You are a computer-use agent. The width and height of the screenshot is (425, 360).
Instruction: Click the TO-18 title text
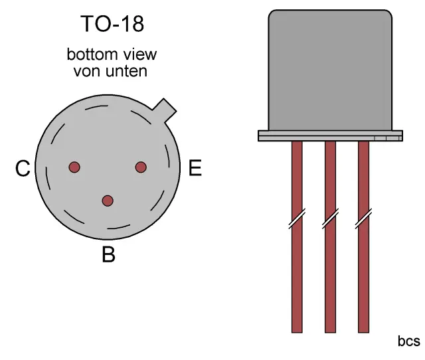(112, 25)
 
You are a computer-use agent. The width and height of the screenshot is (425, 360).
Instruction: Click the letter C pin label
(23, 170)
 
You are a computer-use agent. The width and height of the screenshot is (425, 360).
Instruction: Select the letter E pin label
(195, 169)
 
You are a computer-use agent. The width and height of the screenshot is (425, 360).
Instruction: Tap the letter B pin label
(108, 254)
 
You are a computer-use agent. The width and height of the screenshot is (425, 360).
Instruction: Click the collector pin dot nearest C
(74, 167)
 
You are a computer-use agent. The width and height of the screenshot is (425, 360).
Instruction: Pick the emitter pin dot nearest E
(141, 167)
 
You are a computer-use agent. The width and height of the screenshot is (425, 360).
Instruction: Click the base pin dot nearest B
(108, 201)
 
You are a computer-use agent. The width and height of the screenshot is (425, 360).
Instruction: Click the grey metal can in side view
(330, 70)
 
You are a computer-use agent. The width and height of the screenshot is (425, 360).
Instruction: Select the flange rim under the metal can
(330, 135)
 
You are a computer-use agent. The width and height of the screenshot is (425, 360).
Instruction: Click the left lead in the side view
(297, 266)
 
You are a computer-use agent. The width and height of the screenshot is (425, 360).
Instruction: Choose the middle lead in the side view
(330, 266)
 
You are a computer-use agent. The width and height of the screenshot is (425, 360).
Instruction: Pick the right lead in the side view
(363, 266)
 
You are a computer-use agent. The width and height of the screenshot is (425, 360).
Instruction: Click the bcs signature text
(408, 341)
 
